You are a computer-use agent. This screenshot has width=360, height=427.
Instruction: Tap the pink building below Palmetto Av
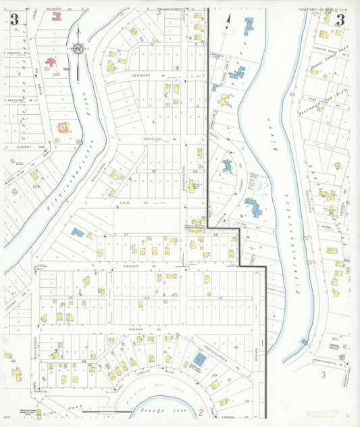[x=57, y=16]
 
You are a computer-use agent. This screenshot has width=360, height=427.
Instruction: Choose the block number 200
[x=57, y=75]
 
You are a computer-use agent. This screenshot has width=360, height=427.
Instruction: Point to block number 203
[x=35, y=185]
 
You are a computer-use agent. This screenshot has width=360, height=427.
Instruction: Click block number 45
[x=70, y=298]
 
